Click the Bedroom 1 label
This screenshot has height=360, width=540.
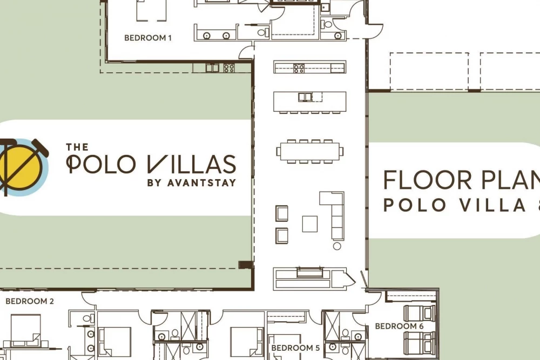[x=148, y=38]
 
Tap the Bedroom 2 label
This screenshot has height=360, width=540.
[x=30, y=301]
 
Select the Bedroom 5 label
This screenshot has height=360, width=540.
[x=295, y=348]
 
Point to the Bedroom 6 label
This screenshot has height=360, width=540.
[x=399, y=326]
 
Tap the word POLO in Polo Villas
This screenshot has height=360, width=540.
[x=100, y=164]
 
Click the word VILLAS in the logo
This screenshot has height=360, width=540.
[x=192, y=164]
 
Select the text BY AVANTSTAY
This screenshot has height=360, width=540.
[x=192, y=183]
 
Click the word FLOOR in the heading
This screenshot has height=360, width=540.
[x=427, y=180]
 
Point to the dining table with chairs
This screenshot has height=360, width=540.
[x=310, y=152]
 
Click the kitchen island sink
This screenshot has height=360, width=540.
[x=305, y=97]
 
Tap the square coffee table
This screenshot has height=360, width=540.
[x=310, y=223]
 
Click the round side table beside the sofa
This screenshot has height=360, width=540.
[x=337, y=246]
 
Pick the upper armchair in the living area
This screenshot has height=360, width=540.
[x=282, y=213]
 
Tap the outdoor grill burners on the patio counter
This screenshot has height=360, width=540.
[x=229, y=68]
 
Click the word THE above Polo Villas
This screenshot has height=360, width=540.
[x=77, y=147]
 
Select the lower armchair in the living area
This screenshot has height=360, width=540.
[x=282, y=236]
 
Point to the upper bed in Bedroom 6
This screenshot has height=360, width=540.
[x=420, y=313]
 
